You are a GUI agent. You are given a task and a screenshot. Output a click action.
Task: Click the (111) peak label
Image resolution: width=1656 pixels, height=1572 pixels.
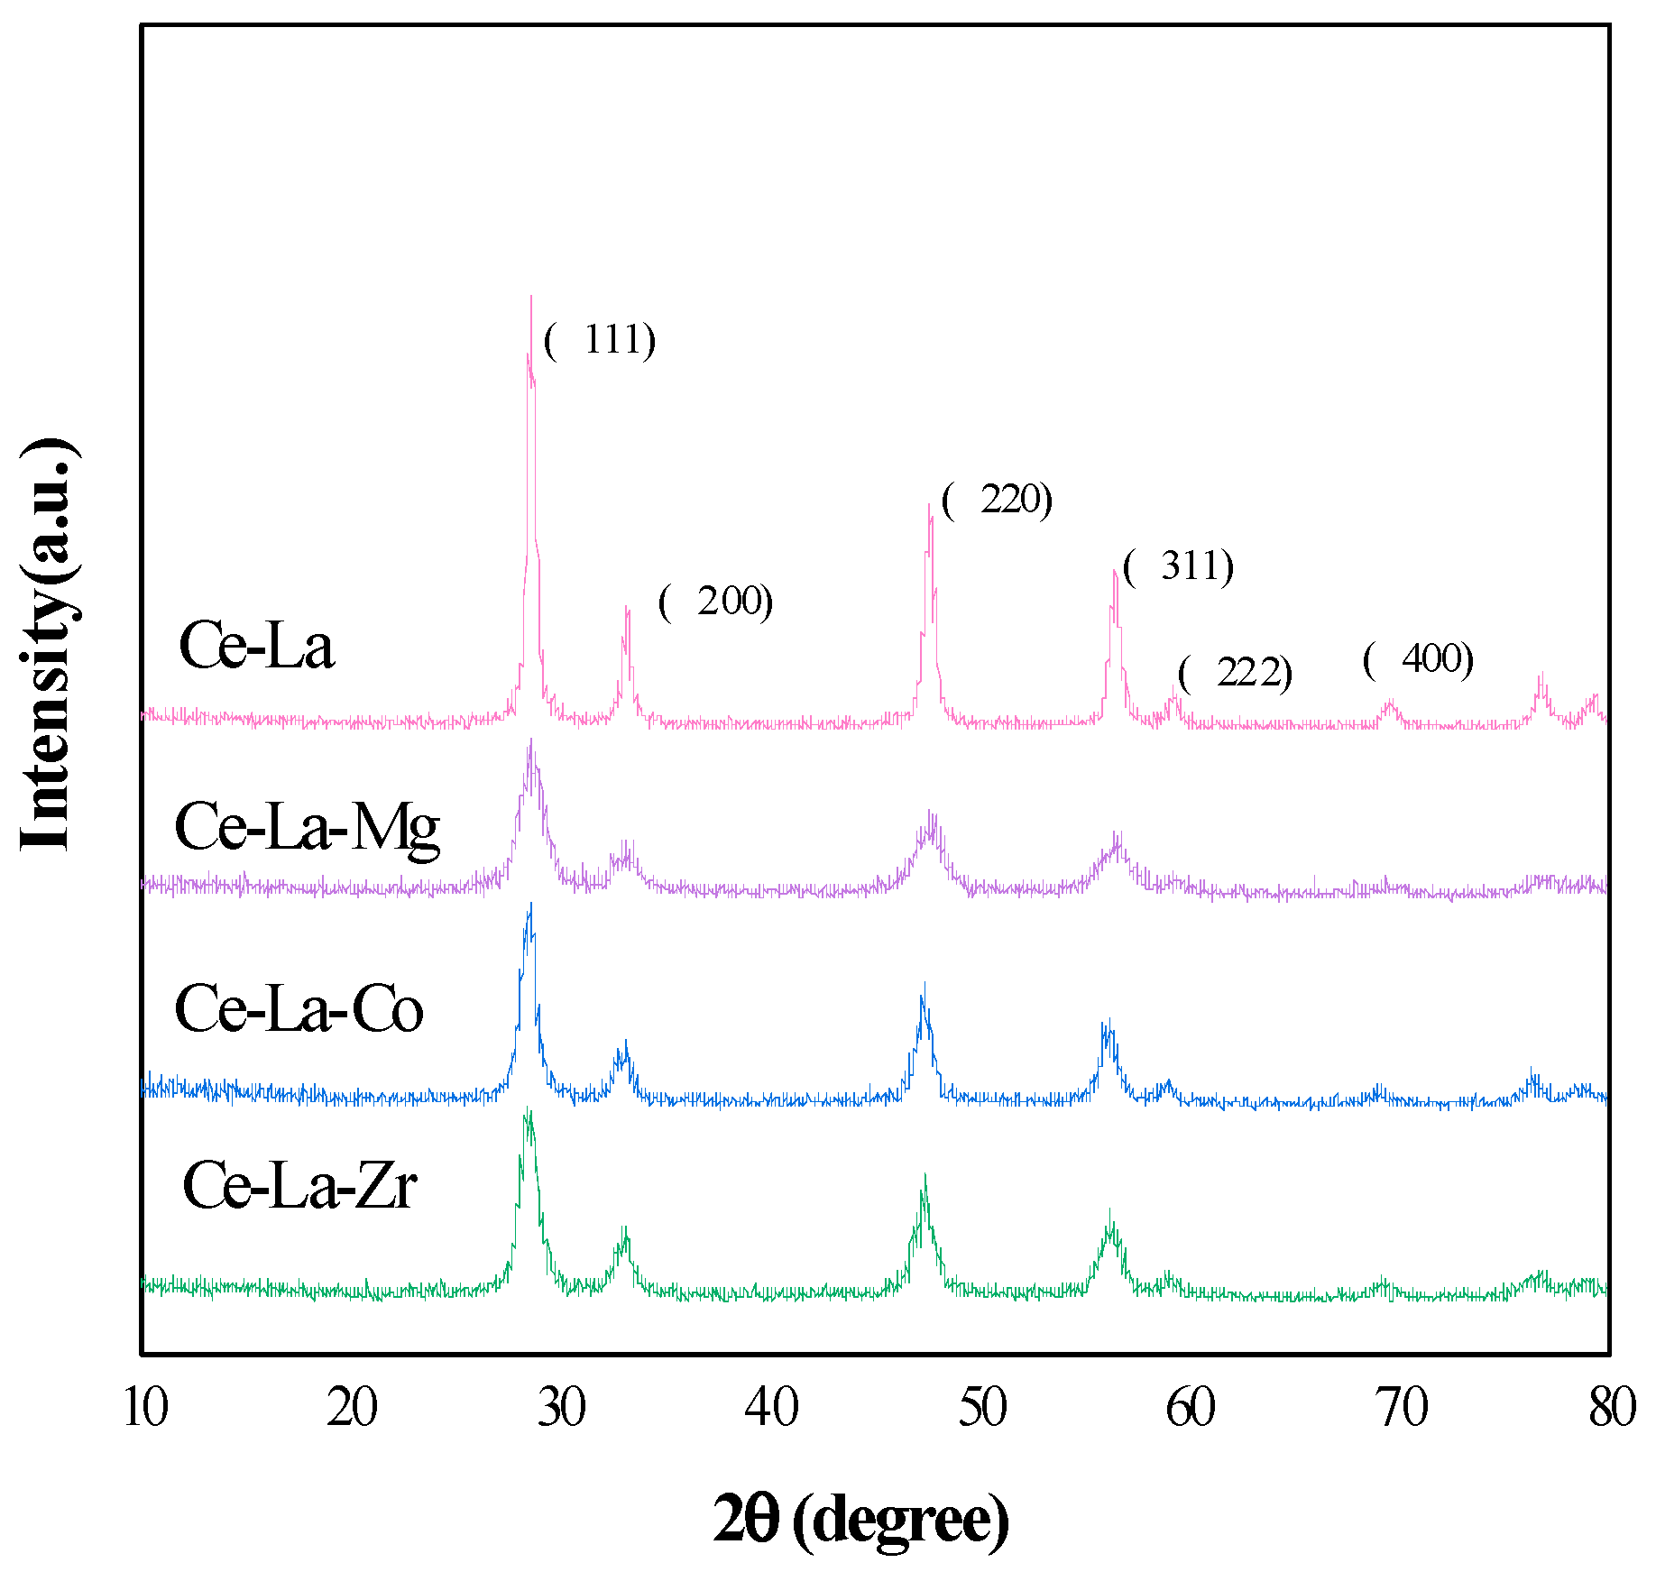tap(600, 340)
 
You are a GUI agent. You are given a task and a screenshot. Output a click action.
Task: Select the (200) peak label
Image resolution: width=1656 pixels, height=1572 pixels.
tap(716, 602)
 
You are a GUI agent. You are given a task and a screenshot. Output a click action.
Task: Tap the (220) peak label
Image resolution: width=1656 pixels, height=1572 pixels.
tap(997, 500)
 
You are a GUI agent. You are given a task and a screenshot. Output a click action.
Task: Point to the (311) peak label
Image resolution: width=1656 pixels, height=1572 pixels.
tap(1179, 566)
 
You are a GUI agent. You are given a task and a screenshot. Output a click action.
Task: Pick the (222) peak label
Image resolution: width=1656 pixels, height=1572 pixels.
tap(1236, 673)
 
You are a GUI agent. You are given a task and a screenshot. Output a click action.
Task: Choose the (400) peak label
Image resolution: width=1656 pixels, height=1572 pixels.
tap(1419, 659)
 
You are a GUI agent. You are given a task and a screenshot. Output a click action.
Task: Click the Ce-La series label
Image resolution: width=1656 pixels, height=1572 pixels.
tap(257, 646)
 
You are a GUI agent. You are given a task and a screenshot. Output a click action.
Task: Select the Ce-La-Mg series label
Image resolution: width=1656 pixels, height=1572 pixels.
tap(308, 826)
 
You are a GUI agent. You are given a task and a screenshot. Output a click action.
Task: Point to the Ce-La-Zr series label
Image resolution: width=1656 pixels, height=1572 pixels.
tap(299, 1185)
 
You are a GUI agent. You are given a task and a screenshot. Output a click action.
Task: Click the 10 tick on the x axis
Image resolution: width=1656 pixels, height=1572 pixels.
tap(144, 1406)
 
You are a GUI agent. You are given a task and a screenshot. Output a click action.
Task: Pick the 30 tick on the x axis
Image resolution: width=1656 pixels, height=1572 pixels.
tap(562, 1406)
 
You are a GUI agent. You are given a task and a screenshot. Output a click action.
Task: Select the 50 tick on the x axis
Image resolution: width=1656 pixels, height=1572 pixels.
tap(982, 1406)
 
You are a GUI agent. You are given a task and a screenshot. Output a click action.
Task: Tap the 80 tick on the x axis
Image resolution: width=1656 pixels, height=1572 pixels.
tap(1611, 1406)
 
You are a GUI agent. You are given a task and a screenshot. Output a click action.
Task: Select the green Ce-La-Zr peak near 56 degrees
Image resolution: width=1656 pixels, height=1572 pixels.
tap(1110, 1213)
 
